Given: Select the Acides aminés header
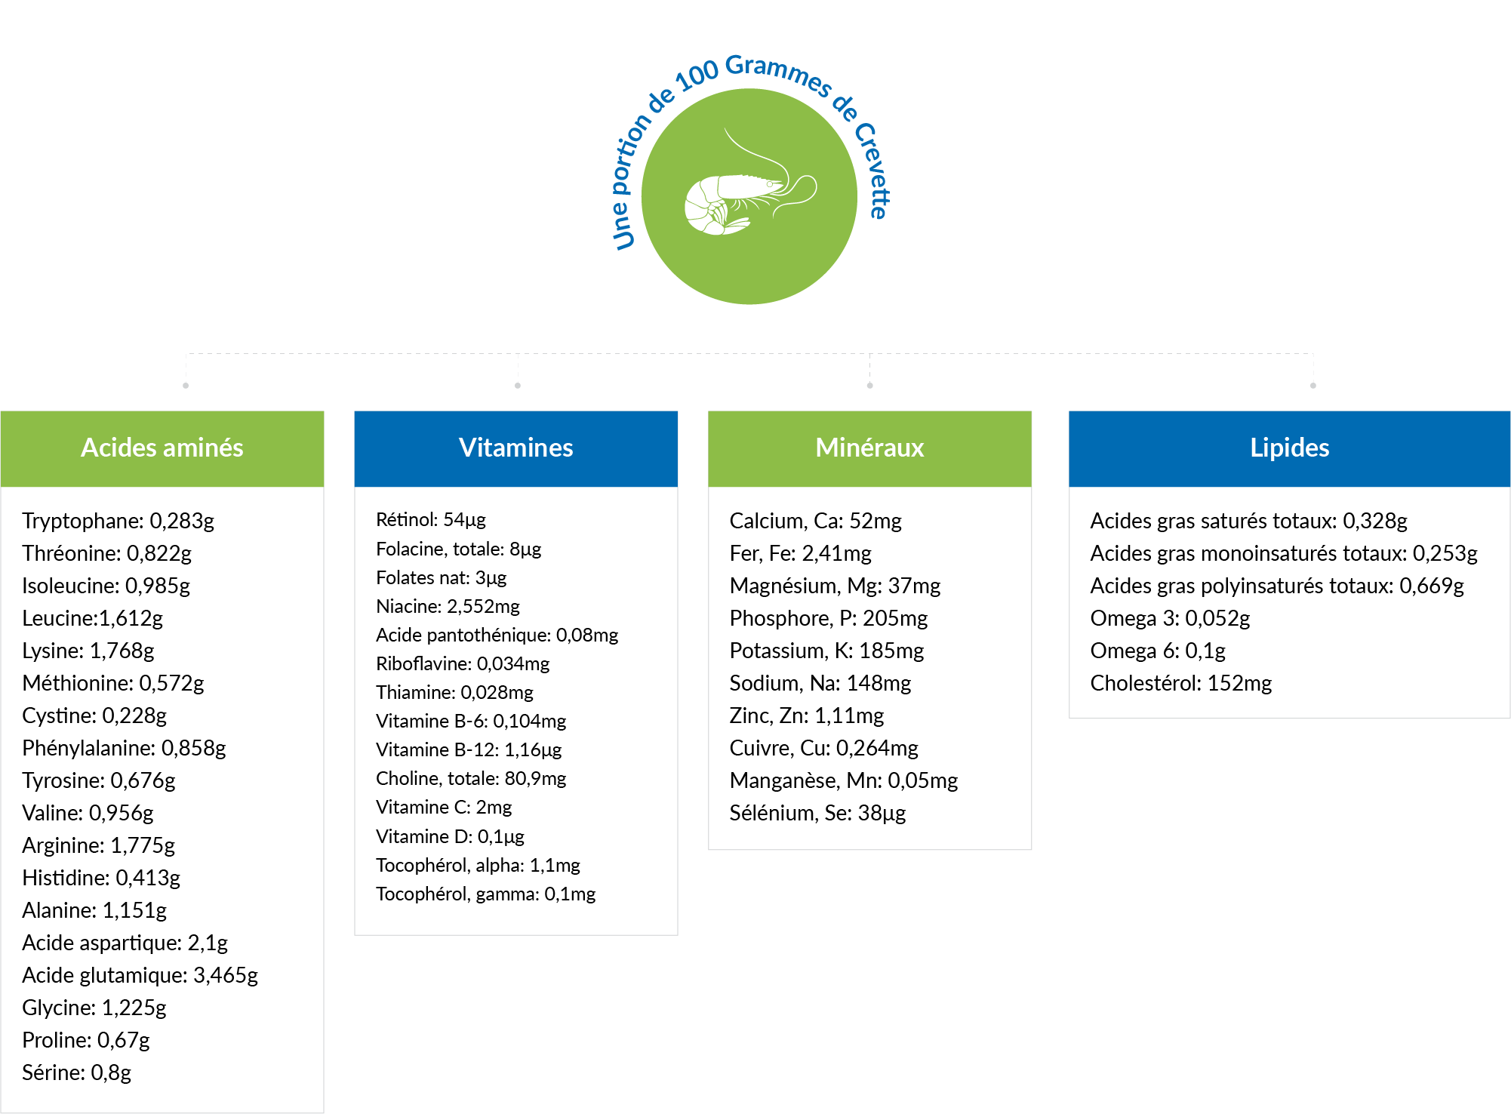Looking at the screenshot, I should coord(162,448).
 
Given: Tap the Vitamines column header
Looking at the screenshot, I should coord(516,448).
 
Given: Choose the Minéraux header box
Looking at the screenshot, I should coord(869,448).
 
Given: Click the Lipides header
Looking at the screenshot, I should coord(1289,448).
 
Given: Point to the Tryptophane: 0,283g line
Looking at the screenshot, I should coord(118,521).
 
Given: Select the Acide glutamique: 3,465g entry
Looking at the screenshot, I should coord(140,975).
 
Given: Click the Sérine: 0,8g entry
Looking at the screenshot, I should coord(77,1072).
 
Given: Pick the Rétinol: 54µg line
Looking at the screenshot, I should coord(431,519).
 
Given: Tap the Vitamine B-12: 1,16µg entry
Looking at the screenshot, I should coord(469,749).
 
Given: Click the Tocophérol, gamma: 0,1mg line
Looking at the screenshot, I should coord(486,894).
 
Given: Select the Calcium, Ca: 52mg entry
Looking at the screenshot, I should coord(816,521).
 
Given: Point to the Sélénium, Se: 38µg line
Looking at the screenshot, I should coord(818,813).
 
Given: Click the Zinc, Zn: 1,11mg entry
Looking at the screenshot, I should coord(807,715).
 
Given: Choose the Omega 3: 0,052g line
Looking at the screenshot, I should coord(1171,618).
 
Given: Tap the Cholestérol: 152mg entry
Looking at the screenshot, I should coord(1181,683).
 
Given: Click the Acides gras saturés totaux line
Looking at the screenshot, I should coord(1249,521).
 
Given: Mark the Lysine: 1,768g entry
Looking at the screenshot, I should coord(88,651).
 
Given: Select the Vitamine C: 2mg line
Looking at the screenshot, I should coord(444,807).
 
